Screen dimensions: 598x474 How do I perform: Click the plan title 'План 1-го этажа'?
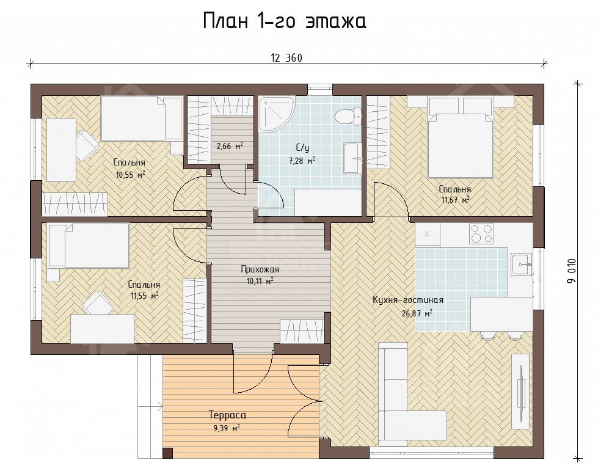tap(284, 21)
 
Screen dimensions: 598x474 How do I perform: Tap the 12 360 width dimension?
tap(286, 58)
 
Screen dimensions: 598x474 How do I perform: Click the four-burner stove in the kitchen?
tap(482, 233)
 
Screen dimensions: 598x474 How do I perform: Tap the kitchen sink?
tap(522, 264)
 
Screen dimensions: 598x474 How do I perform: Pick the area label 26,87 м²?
tap(417, 314)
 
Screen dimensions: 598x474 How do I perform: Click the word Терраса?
tap(227, 415)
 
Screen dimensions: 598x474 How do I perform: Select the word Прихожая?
tap(260, 269)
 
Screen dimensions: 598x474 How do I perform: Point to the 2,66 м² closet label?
tap(230, 146)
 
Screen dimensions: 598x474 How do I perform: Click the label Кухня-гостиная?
tap(407, 300)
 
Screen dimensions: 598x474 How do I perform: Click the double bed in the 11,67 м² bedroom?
tap(461, 137)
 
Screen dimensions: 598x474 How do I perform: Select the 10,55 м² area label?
tap(130, 175)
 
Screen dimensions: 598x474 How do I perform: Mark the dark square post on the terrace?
tap(167, 453)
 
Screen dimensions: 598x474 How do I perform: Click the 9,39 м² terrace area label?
tap(227, 428)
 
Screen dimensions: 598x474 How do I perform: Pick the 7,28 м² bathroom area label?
tap(302, 161)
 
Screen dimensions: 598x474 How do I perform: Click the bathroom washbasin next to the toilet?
tap(352, 158)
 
